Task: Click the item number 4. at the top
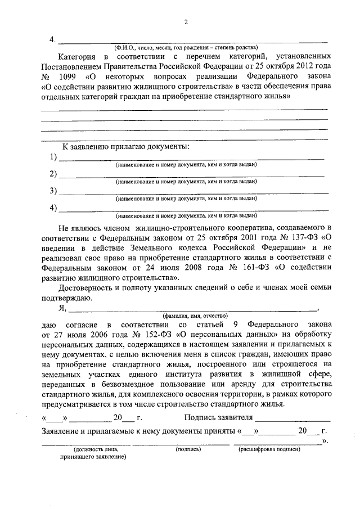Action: (x=52, y=40)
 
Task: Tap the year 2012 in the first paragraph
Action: (x=299, y=66)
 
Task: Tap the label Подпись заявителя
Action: (x=219, y=418)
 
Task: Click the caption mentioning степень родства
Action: (x=186, y=48)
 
